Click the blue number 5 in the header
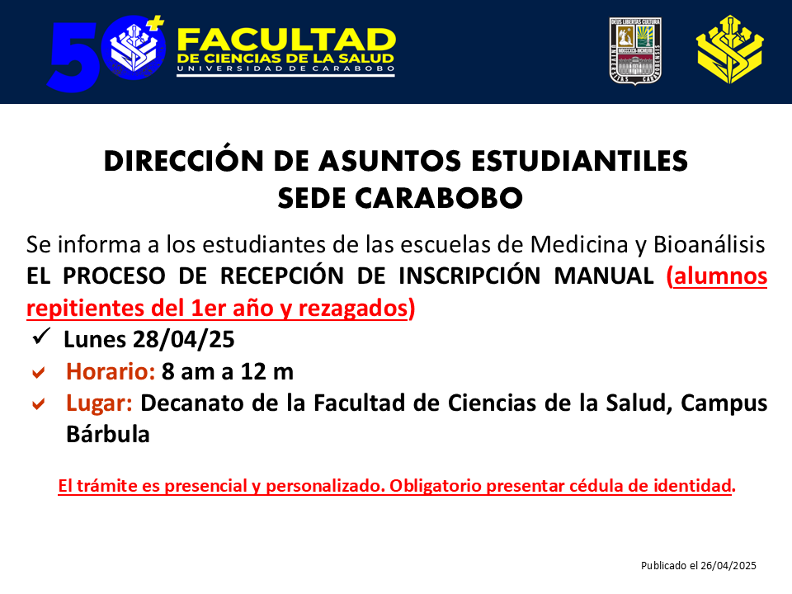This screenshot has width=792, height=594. click(73, 57)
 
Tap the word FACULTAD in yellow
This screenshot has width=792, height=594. click(286, 40)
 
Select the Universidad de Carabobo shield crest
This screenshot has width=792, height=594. click(635, 51)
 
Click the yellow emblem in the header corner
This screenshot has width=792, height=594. click(729, 49)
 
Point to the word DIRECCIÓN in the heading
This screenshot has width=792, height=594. click(184, 161)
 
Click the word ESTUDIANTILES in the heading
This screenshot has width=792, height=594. click(579, 161)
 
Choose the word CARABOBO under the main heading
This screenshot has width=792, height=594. click(439, 198)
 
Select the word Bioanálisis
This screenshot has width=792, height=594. click(709, 244)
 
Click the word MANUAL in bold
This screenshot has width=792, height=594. click(604, 276)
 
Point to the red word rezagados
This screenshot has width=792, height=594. click(352, 308)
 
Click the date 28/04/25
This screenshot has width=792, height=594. click(184, 339)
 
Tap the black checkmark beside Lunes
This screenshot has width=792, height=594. click(41, 337)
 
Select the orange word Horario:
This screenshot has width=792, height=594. click(111, 371)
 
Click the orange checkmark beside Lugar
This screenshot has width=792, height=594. click(39, 404)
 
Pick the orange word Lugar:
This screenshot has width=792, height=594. click(99, 403)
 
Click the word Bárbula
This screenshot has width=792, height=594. click(108, 435)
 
